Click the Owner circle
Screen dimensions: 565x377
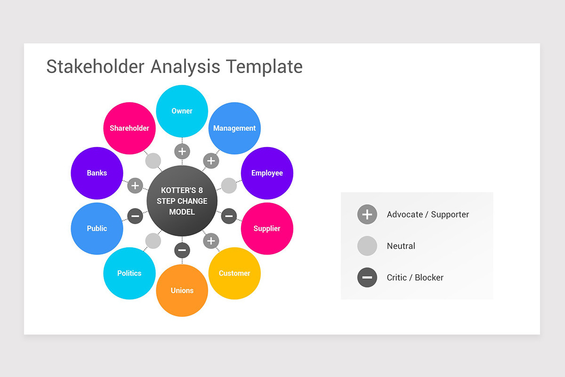point(182,111)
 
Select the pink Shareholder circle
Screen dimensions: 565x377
point(129,128)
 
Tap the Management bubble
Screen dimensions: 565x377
point(234,128)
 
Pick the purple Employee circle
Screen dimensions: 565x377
point(267,173)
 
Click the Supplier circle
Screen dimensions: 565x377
point(267,229)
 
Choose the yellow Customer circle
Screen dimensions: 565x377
point(234,273)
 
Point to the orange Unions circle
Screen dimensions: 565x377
point(182,290)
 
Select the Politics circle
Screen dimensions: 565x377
point(129,273)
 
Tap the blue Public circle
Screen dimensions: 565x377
point(97,229)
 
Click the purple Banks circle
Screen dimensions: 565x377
point(97,173)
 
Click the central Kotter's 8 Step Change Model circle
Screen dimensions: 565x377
point(182,201)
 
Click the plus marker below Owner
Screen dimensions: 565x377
point(182,152)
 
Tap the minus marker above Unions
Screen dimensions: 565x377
point(182,250)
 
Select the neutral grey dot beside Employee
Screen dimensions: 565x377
point(229,186)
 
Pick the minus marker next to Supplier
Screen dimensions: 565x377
point(229,216)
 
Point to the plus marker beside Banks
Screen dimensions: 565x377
point(135,186)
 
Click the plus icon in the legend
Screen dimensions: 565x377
point(367,214)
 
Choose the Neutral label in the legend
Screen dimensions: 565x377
point(401,246)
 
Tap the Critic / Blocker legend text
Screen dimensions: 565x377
point(415,278)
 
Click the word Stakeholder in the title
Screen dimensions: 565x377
point(95,66)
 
